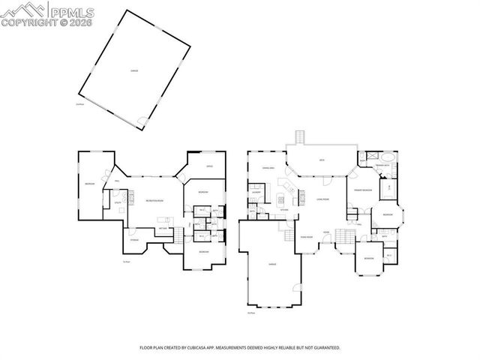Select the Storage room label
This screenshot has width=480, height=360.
point(135,240)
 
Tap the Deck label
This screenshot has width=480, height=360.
point(321,160)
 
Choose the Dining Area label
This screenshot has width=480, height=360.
point(267,167)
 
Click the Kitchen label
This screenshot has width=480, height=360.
point(283,208)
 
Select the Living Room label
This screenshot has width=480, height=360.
point(323,199)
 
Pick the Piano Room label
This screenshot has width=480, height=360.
point(306,236)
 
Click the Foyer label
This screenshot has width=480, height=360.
point(326,232)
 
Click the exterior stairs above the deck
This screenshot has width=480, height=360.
point(299,137)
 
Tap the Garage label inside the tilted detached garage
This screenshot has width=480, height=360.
point(134,71)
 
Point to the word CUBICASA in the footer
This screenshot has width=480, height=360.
point(219,348)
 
